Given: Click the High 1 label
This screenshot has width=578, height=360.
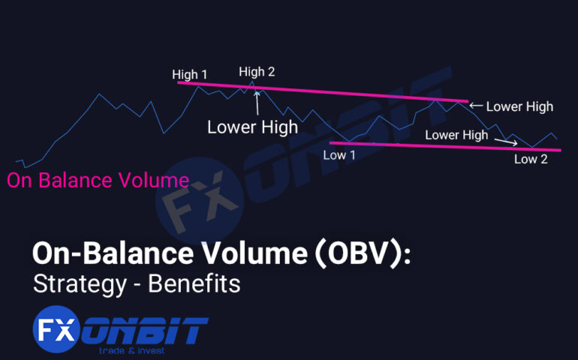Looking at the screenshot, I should (189, 74).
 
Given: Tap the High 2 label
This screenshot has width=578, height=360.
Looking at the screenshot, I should (257, 72).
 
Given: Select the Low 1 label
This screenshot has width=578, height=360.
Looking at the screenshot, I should (339, 155).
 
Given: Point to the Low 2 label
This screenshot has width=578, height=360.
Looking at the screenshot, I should (531, 158).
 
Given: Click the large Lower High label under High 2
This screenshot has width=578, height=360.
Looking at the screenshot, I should (252, 127).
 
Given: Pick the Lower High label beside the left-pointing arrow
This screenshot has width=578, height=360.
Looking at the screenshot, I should (519, 106).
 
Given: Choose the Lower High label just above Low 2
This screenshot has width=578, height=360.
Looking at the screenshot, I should (456, 135).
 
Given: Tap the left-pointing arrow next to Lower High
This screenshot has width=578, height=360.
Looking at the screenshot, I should (476, 106).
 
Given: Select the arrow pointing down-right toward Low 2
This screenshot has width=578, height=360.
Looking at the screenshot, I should (507, 141).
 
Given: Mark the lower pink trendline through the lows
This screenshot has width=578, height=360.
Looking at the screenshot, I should (443, 146).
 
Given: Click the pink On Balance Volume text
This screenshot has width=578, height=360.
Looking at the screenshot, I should (98, 180).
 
